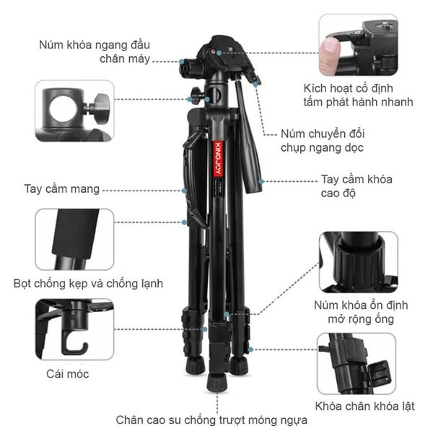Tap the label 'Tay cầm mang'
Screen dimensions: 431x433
pyautogui.click(x=61, y=190)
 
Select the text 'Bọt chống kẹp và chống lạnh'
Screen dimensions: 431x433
pyautogui.click(x=88, y=284)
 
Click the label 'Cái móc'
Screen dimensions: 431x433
pyautogui.click(x=67, y=374)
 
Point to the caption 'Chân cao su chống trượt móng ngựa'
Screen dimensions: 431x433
pyautogui.click(x=212, y=419)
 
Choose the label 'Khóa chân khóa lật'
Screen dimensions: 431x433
pyautogui.click(x=364, y=406)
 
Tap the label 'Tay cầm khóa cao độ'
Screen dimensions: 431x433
pyautogui.click(x=357, y=186)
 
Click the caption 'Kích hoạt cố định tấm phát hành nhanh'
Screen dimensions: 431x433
pyautogui.click(x=358, y=95)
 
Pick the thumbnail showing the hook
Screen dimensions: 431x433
pyautogui.click(x=74, y=330)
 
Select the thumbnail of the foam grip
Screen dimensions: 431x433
pyautogui.click(x=74, y=239)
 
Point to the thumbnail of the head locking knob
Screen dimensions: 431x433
pyautogui.click(x=74, y=110)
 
